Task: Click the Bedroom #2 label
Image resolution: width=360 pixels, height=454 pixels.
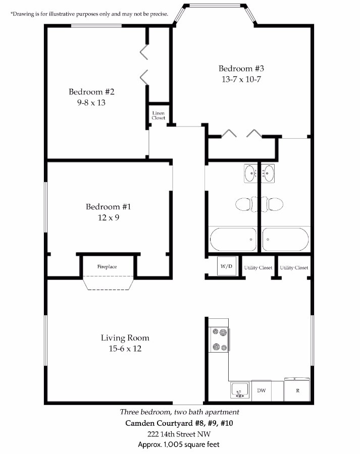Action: pos(91,92)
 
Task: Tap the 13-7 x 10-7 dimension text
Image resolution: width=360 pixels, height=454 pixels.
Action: pos(241,79)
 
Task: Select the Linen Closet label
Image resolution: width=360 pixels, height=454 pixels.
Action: pos(158,116)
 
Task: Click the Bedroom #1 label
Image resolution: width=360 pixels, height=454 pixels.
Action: pos(109,207)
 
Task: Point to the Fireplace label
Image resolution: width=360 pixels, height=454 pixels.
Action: pos(107,267)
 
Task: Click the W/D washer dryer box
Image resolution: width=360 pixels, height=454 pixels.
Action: pos(227,266)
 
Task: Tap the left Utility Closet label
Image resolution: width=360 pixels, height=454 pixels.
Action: pos(259,267)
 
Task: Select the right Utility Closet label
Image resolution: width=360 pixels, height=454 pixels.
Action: pos(294,267)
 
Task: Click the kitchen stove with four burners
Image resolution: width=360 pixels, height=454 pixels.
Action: pos(219,339)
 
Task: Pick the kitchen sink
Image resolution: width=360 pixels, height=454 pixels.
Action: pos(240,390)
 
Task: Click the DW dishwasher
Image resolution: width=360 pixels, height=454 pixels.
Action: pos(262,390)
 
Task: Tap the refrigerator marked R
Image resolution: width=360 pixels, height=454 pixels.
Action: pos(297,390)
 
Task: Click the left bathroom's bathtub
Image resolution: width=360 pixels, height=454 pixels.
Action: pos(233,240)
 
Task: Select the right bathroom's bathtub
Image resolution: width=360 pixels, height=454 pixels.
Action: pos(285,240)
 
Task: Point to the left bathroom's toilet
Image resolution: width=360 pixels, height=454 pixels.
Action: pos(246,204)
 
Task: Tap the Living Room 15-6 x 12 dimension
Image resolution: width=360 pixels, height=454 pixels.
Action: pos(125,349)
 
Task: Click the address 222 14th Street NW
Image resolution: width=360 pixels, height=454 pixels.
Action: pos(179,434)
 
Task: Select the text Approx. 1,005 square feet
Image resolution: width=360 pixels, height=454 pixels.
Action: pos(179,444)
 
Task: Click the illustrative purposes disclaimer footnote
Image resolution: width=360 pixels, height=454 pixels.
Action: pos(89,14)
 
